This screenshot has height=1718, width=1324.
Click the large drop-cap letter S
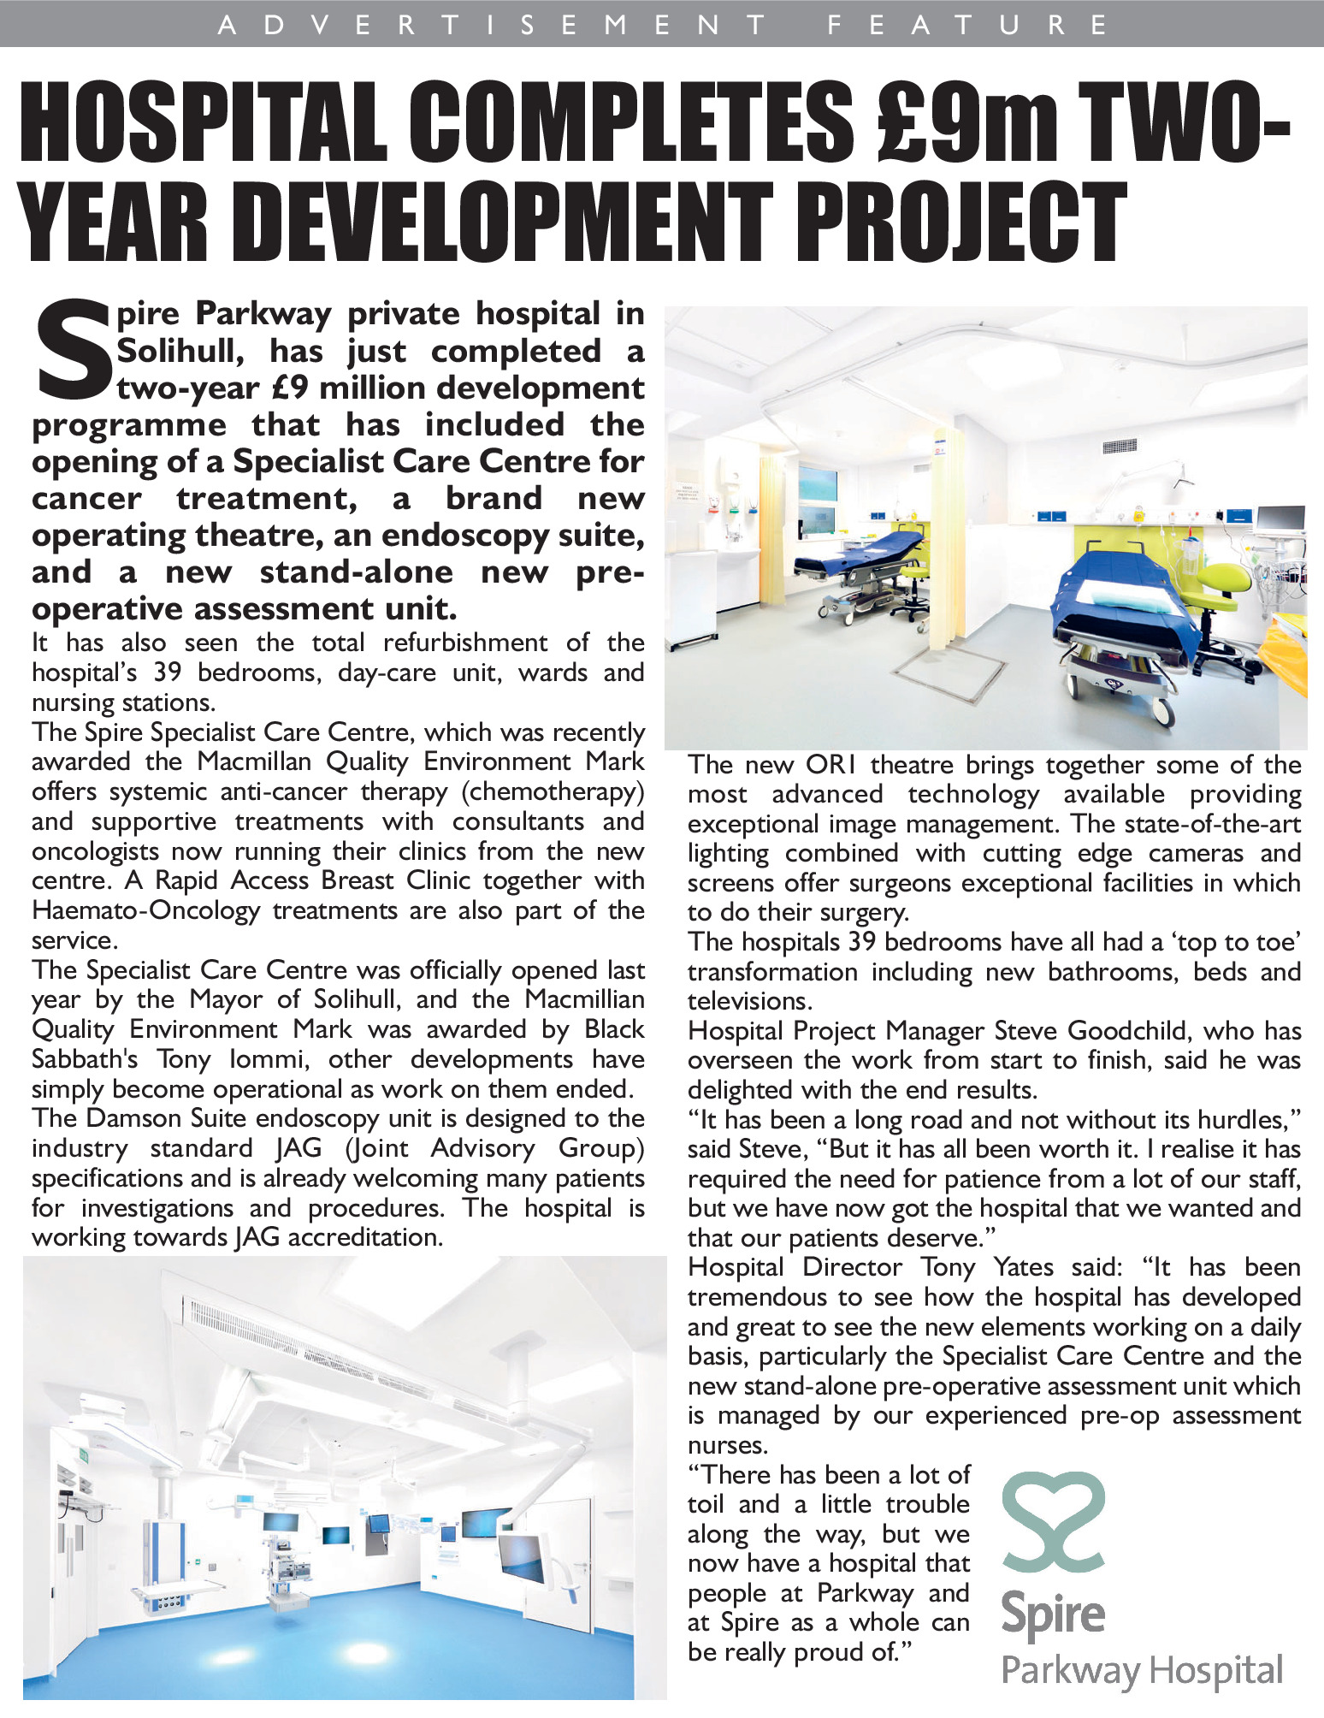coord(73,350)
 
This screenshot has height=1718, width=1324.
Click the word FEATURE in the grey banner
coord(967,24)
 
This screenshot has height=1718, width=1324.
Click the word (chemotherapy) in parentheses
coord(553,791)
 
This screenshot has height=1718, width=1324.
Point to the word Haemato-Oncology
coord(145,910)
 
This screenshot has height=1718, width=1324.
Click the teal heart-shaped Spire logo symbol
coord(1053,1522)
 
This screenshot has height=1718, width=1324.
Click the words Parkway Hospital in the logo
coord(1142,1670)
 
